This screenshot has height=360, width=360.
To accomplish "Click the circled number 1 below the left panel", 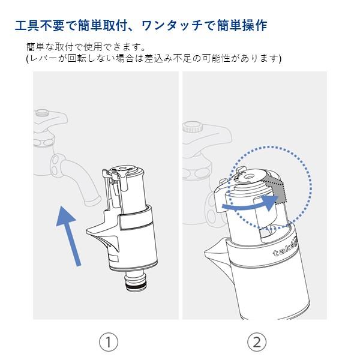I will pyautogui.click(x=108, y=342).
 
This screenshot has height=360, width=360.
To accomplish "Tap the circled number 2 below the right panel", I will pyautogui.click(x=256, y=342).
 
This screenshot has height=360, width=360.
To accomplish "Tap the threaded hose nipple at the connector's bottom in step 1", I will pyautogui.click(x=139, y=281).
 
